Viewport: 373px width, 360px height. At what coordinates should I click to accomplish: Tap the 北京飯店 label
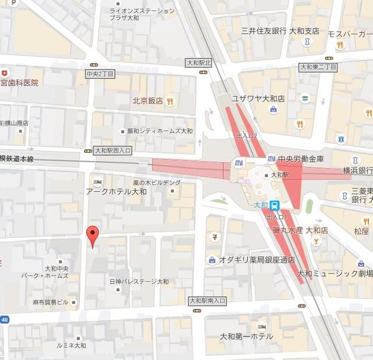(147, 100)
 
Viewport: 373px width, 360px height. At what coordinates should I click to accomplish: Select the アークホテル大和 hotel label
(117, 191)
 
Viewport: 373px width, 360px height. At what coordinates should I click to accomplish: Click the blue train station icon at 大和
(275, 205)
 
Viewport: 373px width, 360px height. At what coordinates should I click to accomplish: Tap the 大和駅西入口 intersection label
(112, 151)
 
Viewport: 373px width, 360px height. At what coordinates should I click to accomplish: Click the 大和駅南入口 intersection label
(207, 300)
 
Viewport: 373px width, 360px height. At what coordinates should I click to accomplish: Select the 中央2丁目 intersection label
(100, 74)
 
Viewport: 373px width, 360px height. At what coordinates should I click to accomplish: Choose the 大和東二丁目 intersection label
(318, 67)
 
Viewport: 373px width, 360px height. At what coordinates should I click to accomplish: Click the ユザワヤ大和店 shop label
(258, 99)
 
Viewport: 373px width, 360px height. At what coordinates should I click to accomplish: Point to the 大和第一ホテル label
(246, 337)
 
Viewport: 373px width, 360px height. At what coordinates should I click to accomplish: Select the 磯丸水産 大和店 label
(300, 230)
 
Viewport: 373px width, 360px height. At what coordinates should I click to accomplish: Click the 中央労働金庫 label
(301, 158)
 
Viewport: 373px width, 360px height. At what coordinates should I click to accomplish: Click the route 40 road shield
(4, 319)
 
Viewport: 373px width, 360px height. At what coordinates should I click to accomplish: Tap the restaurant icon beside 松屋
(366, 221)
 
